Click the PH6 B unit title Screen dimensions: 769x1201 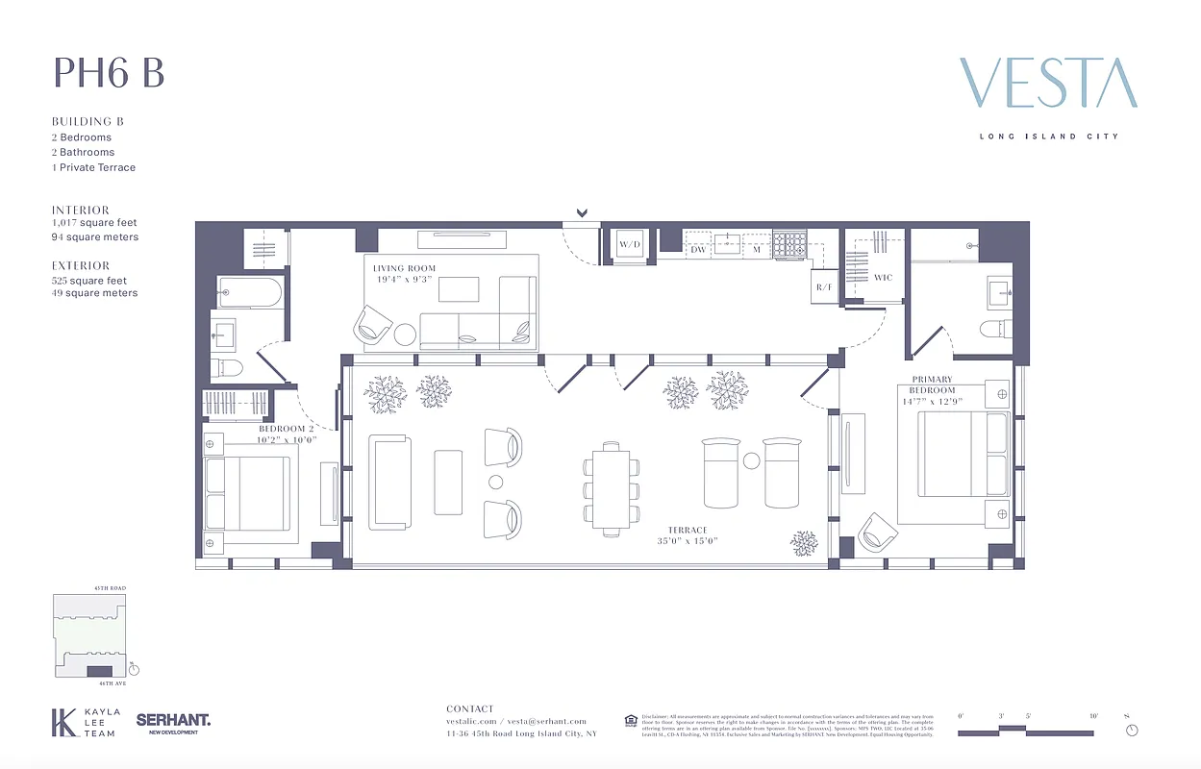(x=109, y=73)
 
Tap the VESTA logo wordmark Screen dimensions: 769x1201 (x=1048, y=84)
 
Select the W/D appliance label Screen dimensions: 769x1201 (x=630, y=245)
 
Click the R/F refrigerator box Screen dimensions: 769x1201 (x=824, y=287)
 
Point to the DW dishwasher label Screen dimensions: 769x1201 (x=699, y=250)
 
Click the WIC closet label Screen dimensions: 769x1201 (x=883, y=278)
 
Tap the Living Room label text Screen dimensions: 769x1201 (x=404, y=269)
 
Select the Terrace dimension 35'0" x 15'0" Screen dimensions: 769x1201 (x=688, y=541)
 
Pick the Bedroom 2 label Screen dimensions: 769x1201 (x=287, y=429)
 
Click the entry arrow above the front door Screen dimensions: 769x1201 (x=581, y=213)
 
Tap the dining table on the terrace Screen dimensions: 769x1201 (x=611, y=489)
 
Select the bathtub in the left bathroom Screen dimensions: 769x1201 (x=249, y=291)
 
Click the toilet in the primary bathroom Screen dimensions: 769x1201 (x=992, y=330)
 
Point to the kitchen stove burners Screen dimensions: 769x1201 (x=791, y=245)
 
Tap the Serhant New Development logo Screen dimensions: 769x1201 (x=173, y=723)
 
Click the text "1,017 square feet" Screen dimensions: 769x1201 (x=94, y=223)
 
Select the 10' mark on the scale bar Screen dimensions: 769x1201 (x=1093, y=717)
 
